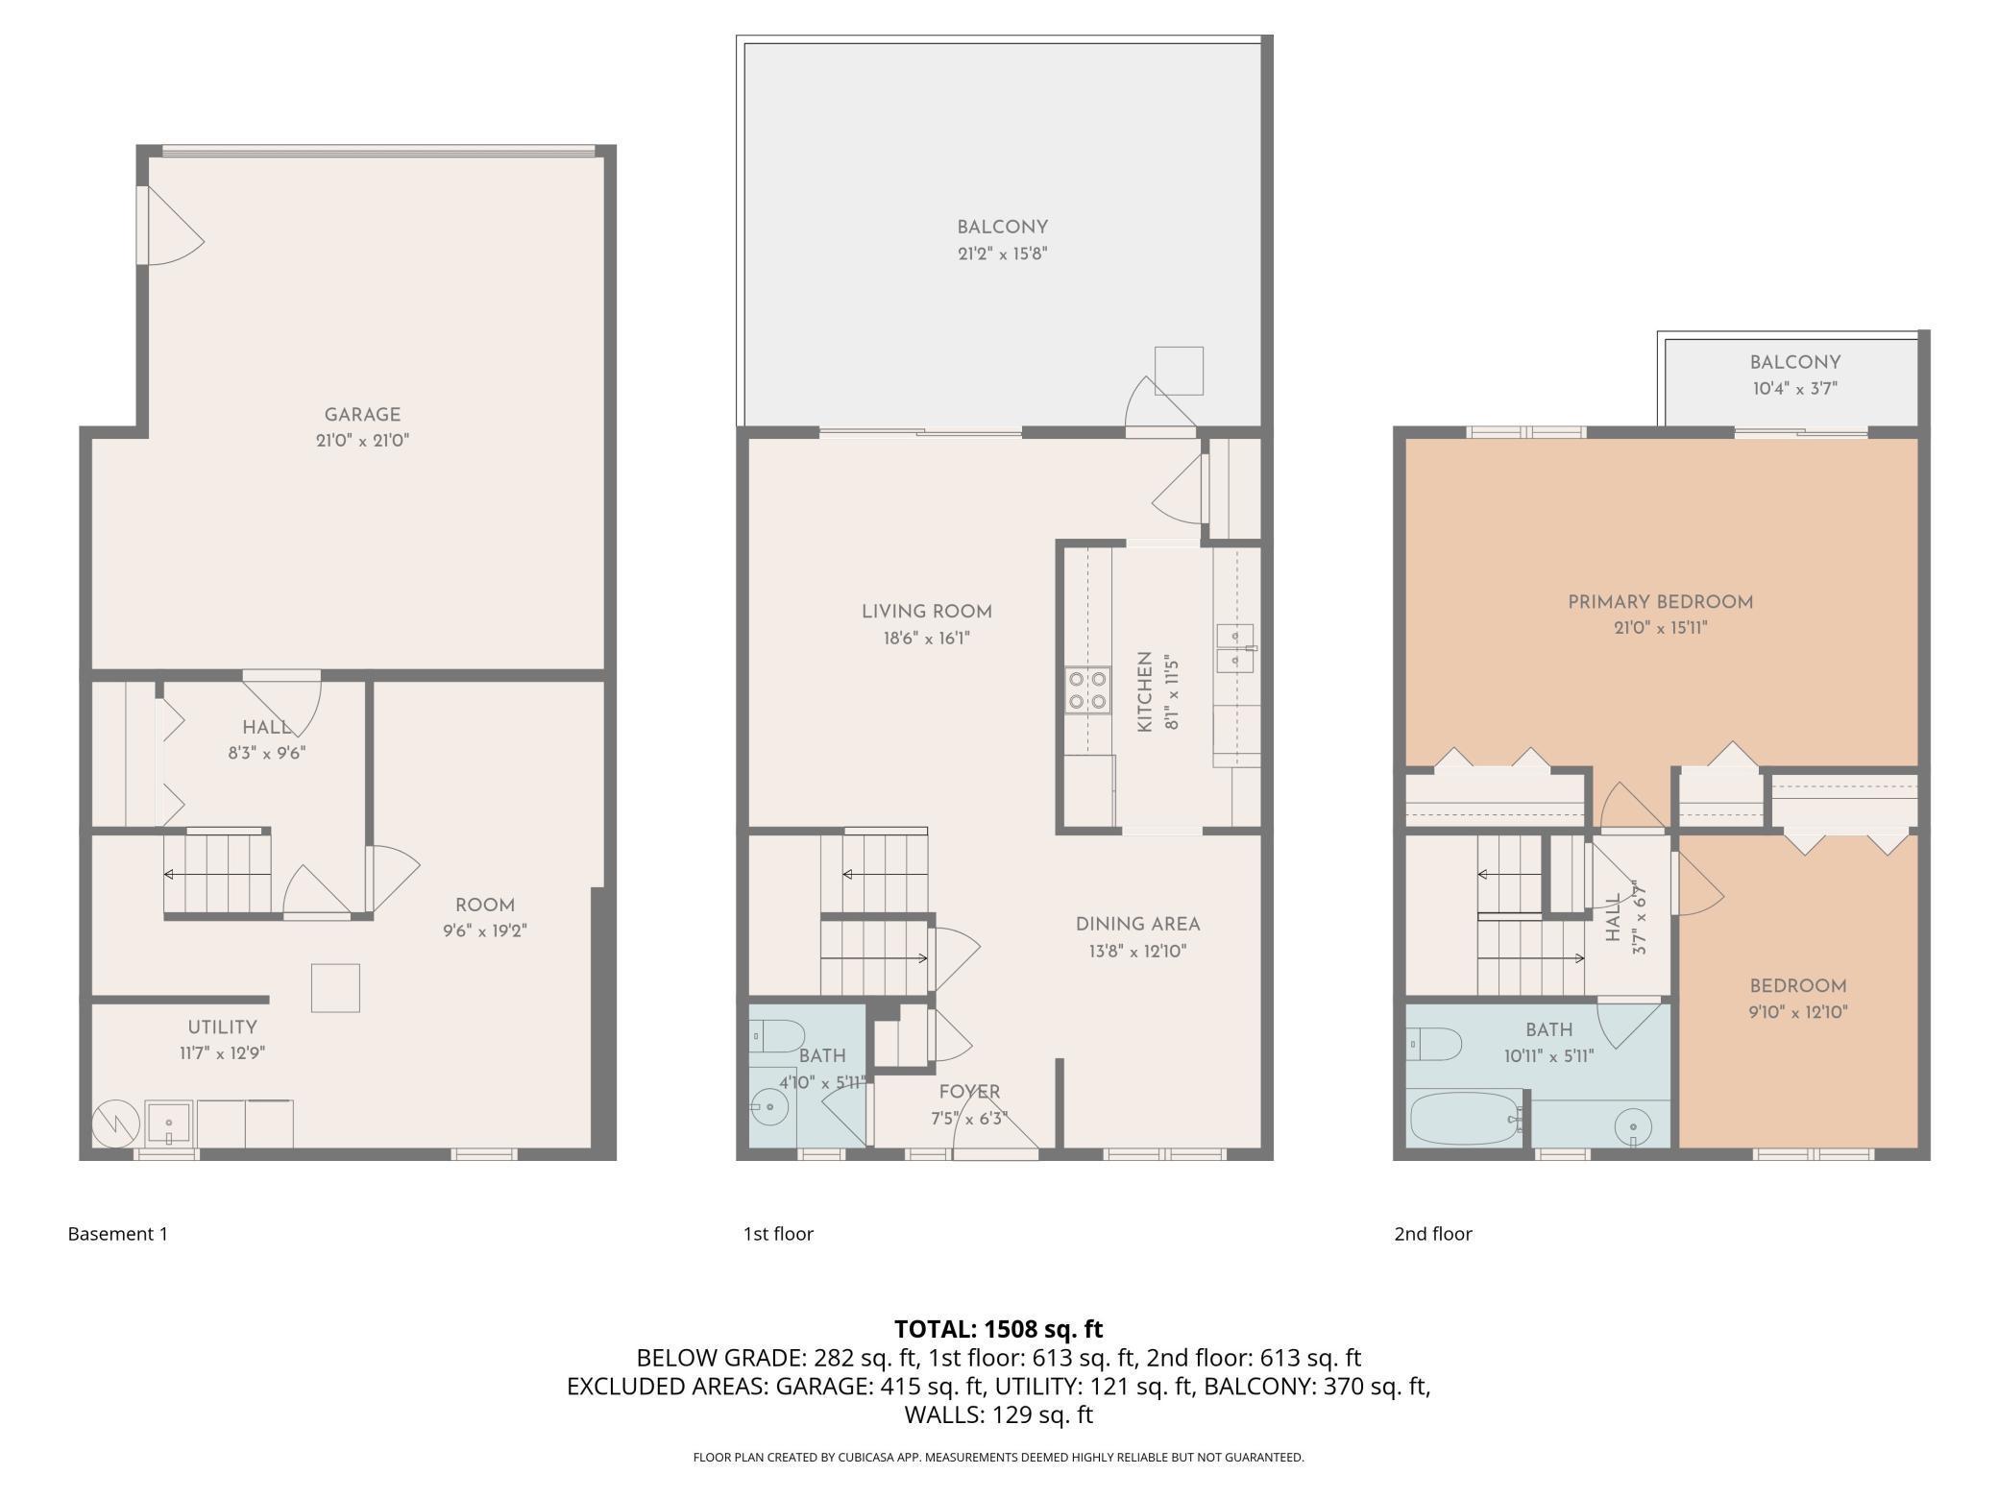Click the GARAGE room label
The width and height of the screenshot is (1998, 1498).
point(362,415)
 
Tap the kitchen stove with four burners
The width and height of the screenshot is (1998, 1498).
point(1087,690)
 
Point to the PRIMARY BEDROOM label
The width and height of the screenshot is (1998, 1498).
point(1661,602)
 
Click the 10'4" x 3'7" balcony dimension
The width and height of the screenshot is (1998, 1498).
point(1794,389)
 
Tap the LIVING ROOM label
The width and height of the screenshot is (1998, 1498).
point(927,612)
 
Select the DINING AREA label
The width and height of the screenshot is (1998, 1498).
point(1137,925)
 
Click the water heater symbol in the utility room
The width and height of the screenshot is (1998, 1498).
point(115,1124)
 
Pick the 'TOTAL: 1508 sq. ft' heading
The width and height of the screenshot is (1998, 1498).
point(999,1329)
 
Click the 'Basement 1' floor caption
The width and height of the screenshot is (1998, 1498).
point(118,1234)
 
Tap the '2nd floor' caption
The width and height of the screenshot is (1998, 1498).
point(1433,1234)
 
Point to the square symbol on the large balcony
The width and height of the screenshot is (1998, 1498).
point(1179,371)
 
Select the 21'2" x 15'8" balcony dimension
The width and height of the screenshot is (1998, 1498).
point(1002,254)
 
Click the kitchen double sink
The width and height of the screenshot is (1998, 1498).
point(1235,648)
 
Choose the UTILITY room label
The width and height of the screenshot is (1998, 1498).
point(222,1027)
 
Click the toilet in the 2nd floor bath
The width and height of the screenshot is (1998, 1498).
point(1434,1044)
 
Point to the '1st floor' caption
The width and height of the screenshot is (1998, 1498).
point(778,1234)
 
